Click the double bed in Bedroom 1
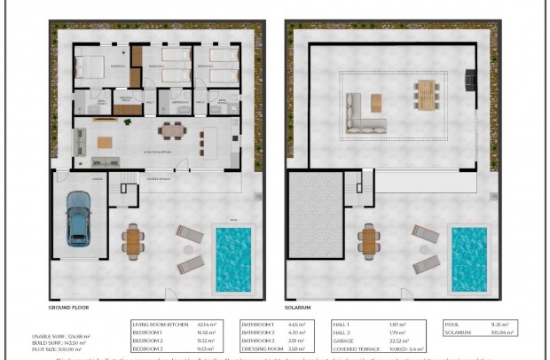pyautogui.click(x=90, y=67)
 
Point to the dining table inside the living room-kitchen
pyautogui.click(x=171, y=131)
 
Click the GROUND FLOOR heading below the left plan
pyautogui.click(x=68, y=307)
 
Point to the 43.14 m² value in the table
pyautogui.click(x=208, y=325)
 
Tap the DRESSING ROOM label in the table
pyautogui.click(x=259, y=348)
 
